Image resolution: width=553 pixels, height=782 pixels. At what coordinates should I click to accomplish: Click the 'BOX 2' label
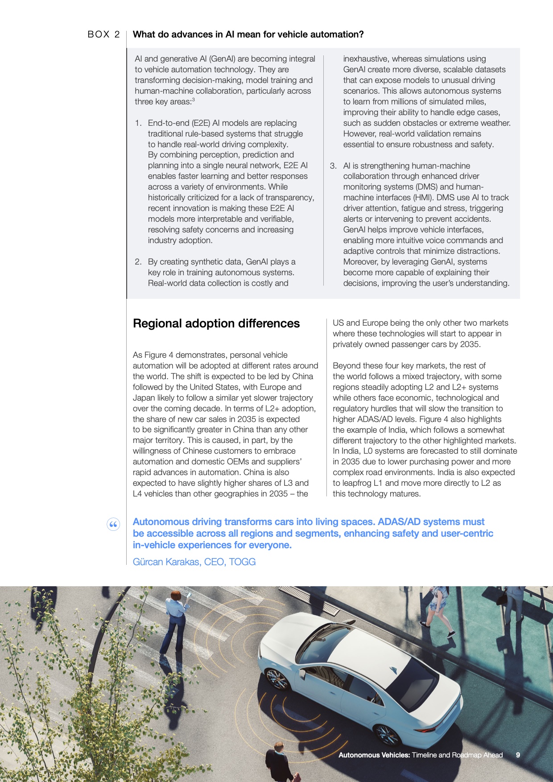tap(103, 34)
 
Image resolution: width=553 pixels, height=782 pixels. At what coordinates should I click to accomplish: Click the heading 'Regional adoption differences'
tap(216, 323)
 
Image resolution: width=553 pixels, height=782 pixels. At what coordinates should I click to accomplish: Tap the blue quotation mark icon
tap(113, 524)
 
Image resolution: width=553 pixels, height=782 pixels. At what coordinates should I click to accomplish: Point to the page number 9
tap(518, 755)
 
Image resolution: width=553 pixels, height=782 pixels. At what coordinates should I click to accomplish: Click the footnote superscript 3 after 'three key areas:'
tap(193, 99)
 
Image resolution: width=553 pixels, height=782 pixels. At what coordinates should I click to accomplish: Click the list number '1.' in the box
tap(138, 123)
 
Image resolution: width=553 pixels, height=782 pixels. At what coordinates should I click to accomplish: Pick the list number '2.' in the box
tap(138, 262)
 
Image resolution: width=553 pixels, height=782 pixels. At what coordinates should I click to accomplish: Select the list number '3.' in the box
tap(333, 166)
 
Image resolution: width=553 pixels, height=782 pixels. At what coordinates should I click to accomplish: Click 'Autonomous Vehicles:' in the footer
tap(374, 755)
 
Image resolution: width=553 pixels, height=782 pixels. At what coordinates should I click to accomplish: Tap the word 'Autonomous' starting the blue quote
tap(161, 522)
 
